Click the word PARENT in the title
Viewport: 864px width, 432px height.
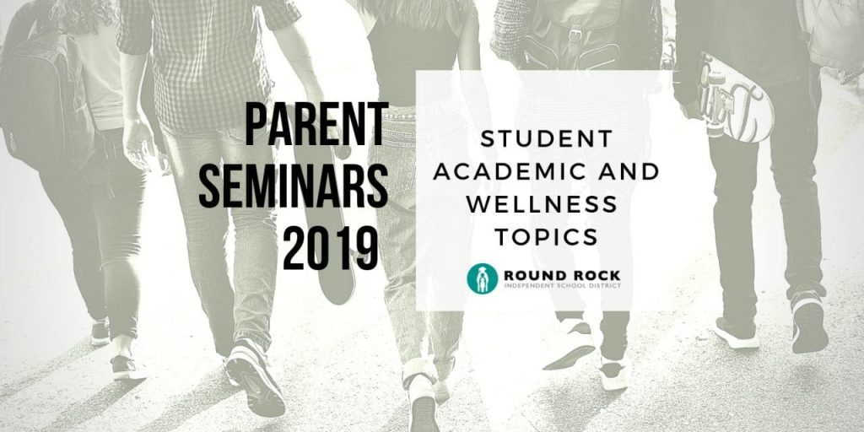[x=317, y=124]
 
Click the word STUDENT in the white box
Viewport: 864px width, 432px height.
[x=547, y=139]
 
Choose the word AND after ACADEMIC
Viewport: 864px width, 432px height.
[x=633, y=172]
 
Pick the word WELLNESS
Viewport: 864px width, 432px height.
[x=542, y=204]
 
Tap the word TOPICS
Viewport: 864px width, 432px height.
[x=546, y=237]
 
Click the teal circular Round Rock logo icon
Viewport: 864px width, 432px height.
[x=482, y=278]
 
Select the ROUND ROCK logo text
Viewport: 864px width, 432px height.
[x=562, y=275]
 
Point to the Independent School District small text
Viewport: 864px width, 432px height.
[x=562, y=285]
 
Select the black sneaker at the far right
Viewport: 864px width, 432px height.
[x=809, y=322]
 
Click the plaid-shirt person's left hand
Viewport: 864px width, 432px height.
[x=138, y=144]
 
